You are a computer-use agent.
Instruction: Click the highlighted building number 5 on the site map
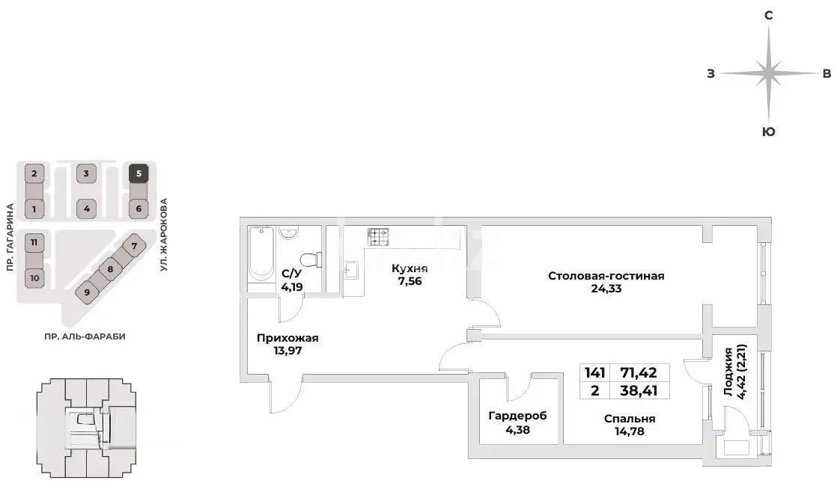pyautogui.click(x=138, y=174)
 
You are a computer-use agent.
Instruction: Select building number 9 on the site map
pyautogui.click(x=87, y=292)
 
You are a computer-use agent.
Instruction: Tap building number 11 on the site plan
pyautogui.click(x=34, y=243)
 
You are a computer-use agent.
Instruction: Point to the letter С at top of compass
pyautogui.click(x=768, y=15)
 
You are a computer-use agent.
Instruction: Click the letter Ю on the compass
pyautogui.click(x=768, y=132)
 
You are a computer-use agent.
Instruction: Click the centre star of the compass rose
pyautogui.click(x=768, y=73)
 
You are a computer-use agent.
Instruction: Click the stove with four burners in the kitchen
pyautogui.click(x=378, y=236)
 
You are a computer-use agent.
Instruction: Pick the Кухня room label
pyautogui.click(x=410, y=268)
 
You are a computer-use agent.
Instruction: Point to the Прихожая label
pyautogui.click(x=287, y=338)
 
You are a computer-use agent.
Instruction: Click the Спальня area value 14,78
pyautogui.click(x=630, y=431)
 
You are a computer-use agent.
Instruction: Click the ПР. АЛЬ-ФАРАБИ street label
pyautogui.click(x=85, y=337)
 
